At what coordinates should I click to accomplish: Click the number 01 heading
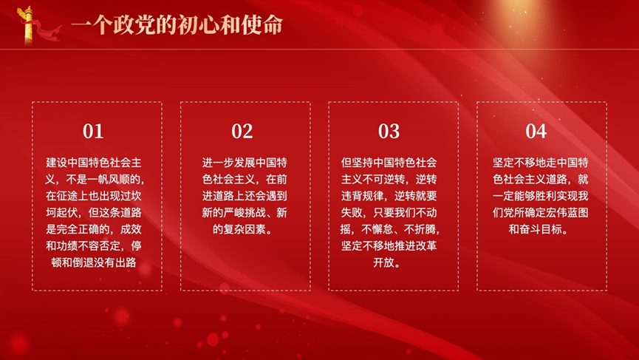click(93, 132)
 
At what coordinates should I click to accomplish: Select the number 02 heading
click(242, 132)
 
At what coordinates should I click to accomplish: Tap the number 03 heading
click(389, 132)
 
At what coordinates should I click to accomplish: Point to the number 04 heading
click(536, 132)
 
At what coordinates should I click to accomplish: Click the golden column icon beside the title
click(28, 25)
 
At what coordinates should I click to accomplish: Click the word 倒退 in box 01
click(83, 262)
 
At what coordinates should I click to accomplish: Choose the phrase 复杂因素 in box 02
click(245, 229)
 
